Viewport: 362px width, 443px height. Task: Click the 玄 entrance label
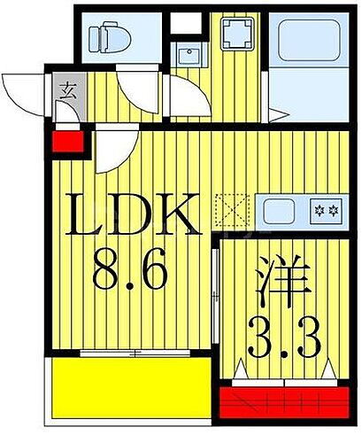coord(68,88)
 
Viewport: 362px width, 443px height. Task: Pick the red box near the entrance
coord(68,140)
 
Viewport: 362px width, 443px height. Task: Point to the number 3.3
coord(279,338)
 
